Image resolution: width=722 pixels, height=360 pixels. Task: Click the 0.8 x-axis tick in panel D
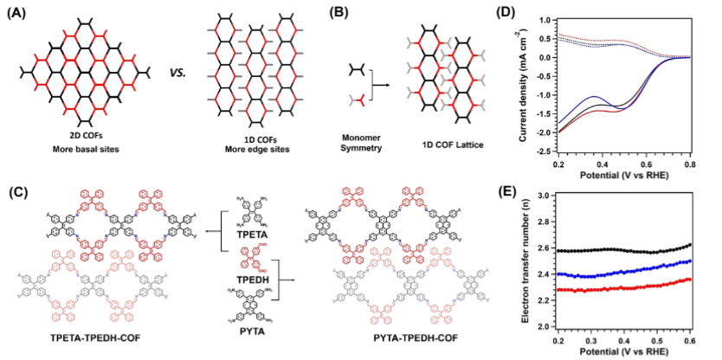pyautogui.click(x=693, y=163)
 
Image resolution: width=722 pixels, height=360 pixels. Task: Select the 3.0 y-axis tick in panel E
pyautogui.click(x=545, y=196)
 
